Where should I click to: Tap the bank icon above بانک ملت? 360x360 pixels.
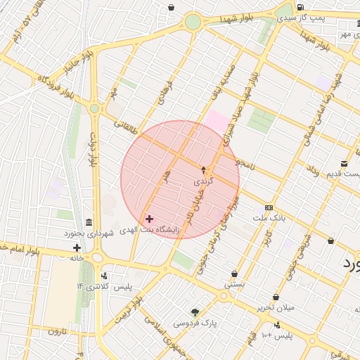[269, 208]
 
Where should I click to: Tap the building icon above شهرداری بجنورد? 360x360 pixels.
[89, 221]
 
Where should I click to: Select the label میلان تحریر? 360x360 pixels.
[276, 307]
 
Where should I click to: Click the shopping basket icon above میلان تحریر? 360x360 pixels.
[276, 297]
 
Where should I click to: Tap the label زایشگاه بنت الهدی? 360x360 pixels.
[150, 230]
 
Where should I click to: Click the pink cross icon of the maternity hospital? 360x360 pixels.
[149, 219]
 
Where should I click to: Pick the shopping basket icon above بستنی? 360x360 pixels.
[234, 274]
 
